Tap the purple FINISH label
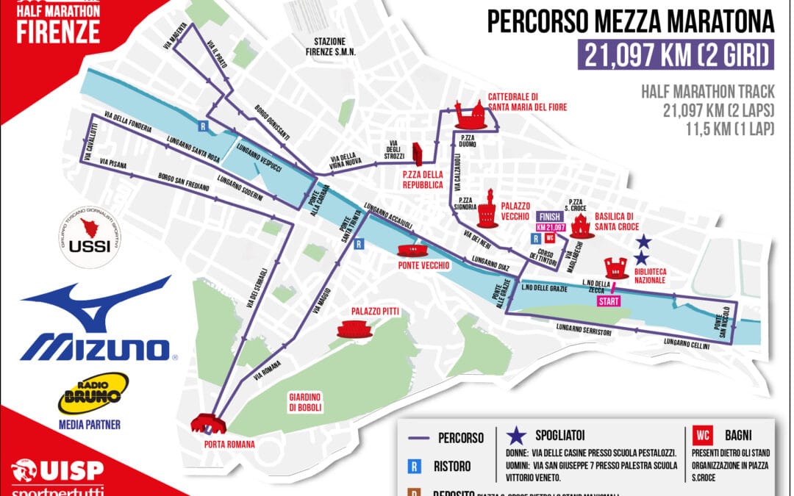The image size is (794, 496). click(551, 217)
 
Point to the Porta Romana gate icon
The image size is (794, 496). click(208, 423)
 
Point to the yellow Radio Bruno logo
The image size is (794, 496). click(94, 393)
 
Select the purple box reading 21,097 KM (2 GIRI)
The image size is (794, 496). click(676, 54)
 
